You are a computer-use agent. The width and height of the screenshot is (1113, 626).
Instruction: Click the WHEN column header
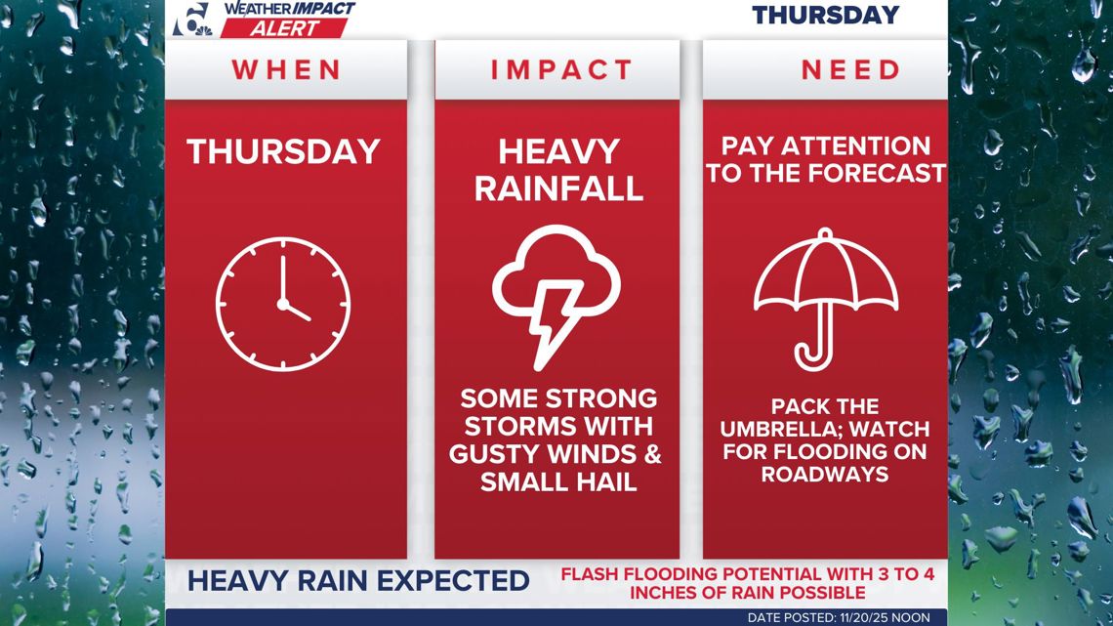[286, 70]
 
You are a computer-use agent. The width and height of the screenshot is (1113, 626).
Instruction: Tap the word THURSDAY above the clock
[283, 151]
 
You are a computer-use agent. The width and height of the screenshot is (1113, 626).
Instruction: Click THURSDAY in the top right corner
[825, 15]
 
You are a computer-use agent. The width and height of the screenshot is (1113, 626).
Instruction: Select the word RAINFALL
[558, 188]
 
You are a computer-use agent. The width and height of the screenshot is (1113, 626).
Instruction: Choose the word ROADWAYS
[825, 473]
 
